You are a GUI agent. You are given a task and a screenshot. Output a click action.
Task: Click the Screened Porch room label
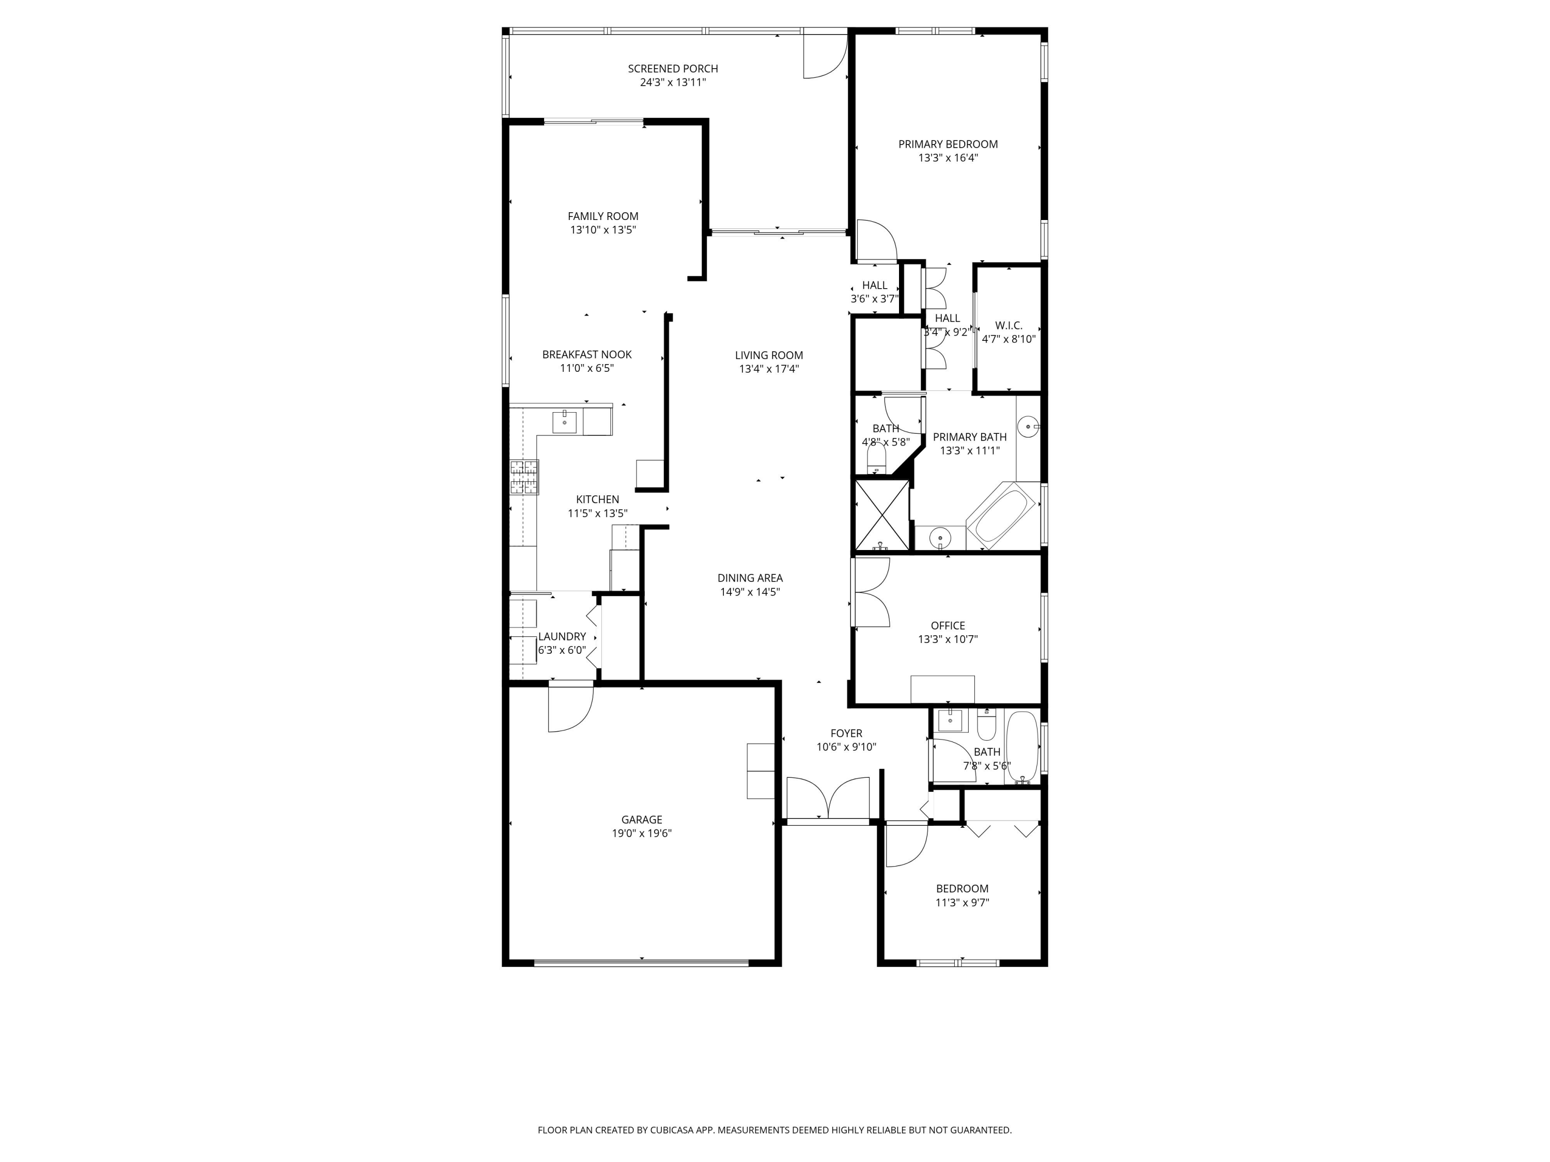[673, 69]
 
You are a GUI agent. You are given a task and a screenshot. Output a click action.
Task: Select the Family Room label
[602, 216]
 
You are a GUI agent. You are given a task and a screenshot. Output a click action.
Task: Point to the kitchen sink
[564, 422]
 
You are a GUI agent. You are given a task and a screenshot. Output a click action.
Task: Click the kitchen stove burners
[524, 477]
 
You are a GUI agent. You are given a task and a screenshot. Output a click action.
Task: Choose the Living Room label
[769, 356]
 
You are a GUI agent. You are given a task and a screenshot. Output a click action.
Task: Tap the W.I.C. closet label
[1009, 326]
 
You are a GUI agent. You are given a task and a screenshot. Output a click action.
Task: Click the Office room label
[948, 626]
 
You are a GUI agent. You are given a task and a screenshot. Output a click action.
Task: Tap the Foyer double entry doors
[828, 798]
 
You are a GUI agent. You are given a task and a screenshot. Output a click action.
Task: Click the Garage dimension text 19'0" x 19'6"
[641, 834]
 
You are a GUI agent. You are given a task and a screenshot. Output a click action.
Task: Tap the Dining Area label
[750, 578]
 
